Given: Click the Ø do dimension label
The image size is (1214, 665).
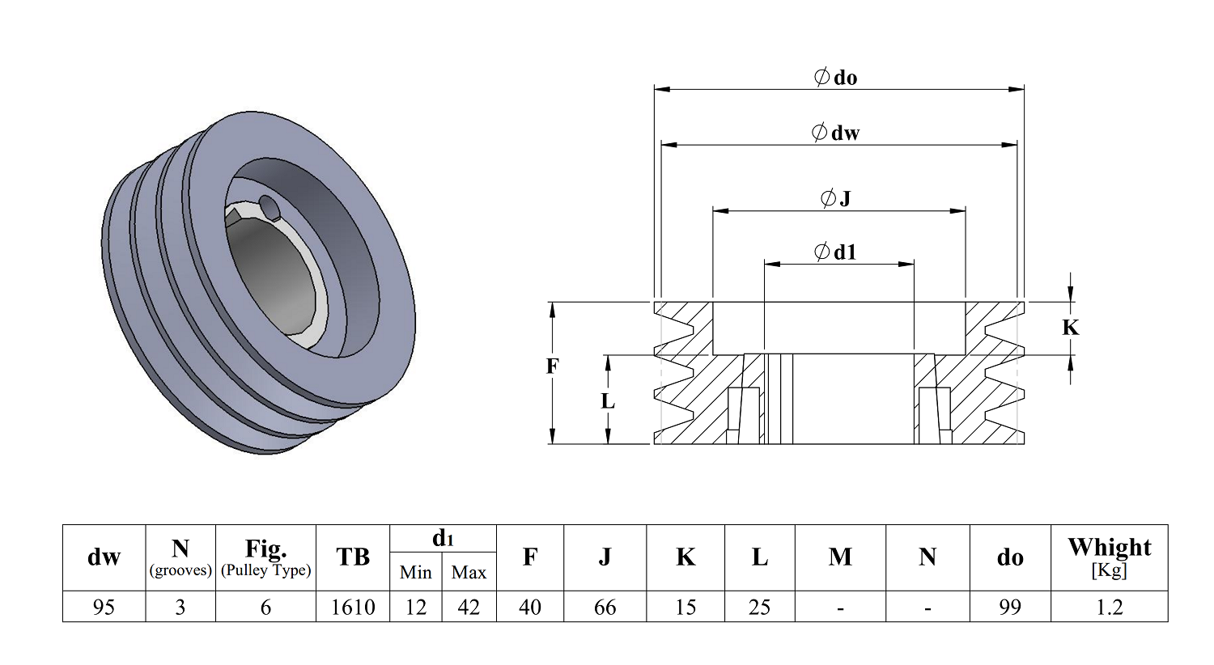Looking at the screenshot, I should tap(836, 78).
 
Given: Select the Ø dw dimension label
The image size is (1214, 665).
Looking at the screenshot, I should tap(836, 133).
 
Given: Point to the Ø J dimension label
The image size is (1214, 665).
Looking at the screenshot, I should tap(836, 198).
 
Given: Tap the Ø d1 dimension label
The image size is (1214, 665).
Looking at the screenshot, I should tap(836, 252).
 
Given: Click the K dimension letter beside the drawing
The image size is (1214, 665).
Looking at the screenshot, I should tap(1070, 328).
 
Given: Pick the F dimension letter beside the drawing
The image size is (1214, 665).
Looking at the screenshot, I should tap(552, 366).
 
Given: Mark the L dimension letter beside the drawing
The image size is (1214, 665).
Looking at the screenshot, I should tap(608, 401).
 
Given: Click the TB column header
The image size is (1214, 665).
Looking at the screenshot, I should tap(353, 557).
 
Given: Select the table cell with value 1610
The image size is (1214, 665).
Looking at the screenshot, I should tap(353, 607).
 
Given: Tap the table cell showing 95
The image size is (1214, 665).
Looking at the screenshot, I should tap(104, 607).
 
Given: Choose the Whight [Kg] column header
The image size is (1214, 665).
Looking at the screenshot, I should tap(1109, 557).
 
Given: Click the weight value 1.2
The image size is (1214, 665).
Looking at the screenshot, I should tap(1109, 607).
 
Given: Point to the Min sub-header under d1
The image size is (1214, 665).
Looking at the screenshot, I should tap(415, 573).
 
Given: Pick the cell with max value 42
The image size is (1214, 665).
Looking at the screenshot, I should tap(469, 607).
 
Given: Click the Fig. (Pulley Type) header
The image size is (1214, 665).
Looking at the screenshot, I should tap(265, 557).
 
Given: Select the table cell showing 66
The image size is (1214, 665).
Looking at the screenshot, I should tap(605, 607).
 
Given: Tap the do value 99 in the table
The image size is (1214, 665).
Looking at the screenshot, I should tap(1009, 607).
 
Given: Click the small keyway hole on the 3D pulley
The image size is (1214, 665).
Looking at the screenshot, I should tap(269, 209).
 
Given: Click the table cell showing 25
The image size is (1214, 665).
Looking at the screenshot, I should tap(759, 607).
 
